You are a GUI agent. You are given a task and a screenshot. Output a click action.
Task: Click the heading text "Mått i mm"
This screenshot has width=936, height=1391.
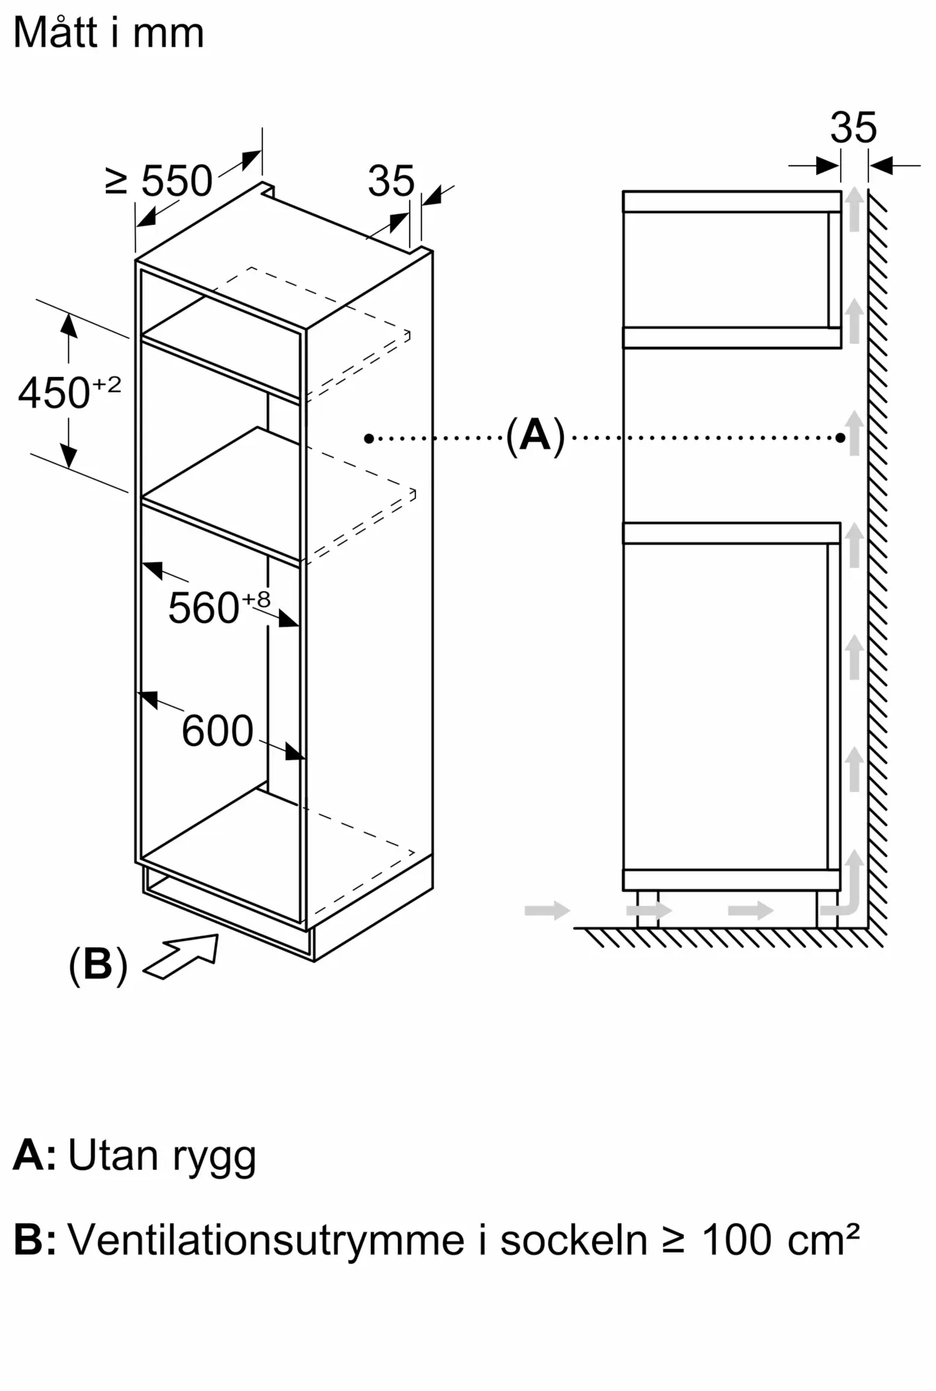(x=109, y=33)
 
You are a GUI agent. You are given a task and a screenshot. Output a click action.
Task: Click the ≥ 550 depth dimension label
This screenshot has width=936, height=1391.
(x=159, y=181)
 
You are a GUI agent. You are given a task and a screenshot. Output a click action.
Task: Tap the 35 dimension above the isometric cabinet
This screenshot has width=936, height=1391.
(x=391, y=181)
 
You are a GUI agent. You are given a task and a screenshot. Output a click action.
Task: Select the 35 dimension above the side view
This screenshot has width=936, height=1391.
(x=853, y=127)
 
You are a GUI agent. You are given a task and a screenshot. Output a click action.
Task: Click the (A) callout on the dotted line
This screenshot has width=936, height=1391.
(x=534, y=436)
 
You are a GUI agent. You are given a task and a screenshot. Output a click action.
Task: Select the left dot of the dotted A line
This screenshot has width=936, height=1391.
(x=369, y=438)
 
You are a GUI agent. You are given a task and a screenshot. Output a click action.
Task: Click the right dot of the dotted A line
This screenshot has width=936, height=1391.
(x=841, y=438)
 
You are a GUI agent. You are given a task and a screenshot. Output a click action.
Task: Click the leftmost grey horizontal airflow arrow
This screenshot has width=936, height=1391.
(x=547, y=910)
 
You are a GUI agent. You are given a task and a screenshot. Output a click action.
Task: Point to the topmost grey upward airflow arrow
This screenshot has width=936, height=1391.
(x=855, y=209)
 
